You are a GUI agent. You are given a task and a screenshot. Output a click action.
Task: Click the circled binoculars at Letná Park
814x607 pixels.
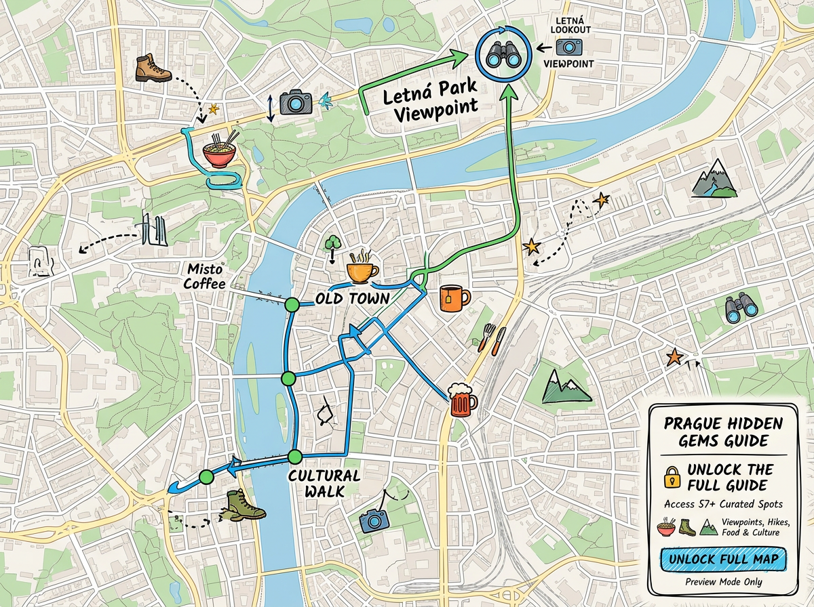pyautogui.click(x=504, y=54)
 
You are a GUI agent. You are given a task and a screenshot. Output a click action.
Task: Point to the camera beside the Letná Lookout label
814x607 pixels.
pyautogui.click(x=568, y=47)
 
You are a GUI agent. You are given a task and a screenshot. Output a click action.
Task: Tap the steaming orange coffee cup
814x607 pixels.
pyautogui.click(x=362, y=268)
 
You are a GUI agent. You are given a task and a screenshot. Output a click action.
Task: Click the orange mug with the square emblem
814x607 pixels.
pyautogui.click(x=454, y=297)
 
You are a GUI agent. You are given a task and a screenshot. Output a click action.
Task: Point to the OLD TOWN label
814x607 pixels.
pyautogui.click(x=352, y=299)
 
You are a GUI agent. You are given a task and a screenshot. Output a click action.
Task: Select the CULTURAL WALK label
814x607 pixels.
pyautogui.click(x=324, y=482)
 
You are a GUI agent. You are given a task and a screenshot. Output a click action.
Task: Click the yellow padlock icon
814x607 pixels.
pyautogui.click(x=672, y=477)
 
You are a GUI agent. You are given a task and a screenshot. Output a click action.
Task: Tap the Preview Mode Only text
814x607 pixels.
pyautogui.click(x=723, y=582)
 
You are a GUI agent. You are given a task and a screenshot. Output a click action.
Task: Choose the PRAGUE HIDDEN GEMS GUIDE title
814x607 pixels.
pyautogui.click(x=723, y=432)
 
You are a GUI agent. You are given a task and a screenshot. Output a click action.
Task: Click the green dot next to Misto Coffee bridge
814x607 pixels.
pyautogui.click(x=292, y=305)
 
